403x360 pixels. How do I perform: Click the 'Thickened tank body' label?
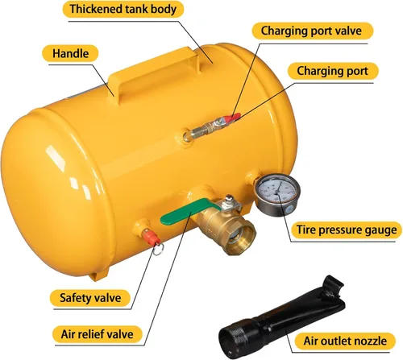(123, 9)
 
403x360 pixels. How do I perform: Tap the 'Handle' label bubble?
(70, 53)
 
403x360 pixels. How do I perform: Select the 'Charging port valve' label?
(312, 31)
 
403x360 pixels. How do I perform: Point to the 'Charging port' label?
(333, 71)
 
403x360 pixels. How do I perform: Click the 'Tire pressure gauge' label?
(347, 230)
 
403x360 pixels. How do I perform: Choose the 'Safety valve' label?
(90, 298)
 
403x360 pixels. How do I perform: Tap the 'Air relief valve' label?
(97, 334)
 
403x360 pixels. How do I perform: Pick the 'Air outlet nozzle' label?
(345, 341)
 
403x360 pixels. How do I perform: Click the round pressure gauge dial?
(277, 195)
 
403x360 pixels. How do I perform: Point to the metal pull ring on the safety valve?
(158, 249)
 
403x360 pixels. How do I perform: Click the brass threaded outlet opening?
(240, 237)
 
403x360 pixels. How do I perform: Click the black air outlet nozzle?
(280, 317)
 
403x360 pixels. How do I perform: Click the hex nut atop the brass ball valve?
(229, 199)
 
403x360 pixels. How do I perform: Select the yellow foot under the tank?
(98, 275)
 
